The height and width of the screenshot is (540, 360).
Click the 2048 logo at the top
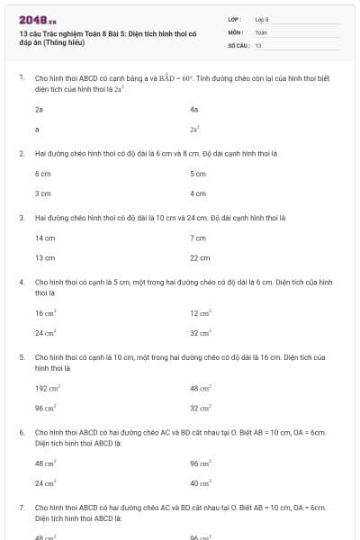tap(37, 19)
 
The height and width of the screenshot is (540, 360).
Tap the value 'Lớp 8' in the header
tap(262, 19)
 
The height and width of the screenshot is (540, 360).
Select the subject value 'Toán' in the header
tap(261, 31)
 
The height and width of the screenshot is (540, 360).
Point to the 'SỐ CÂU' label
tap(238, 44)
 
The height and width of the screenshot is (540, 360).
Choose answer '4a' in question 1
tap(193, 109)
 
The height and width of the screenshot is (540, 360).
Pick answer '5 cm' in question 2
tap(198, 173)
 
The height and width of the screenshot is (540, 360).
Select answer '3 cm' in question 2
tap(42, 193)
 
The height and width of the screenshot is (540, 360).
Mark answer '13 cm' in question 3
tap(45, 257)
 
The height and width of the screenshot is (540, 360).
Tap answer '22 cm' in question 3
tap(200, 257)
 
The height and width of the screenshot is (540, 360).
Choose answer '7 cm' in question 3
tap(198, 238)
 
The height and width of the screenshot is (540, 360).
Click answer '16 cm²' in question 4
tap(45, 312)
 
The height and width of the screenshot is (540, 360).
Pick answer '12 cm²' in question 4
tap(200, 312)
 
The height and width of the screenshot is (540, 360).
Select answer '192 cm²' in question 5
tap(47, 388)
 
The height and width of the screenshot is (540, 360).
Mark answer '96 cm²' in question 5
tap(45, 408)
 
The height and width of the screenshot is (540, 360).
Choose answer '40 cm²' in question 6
tap(200, 482)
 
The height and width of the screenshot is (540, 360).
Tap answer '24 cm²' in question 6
tap(45, 482)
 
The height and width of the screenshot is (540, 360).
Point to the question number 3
tap(21, 217)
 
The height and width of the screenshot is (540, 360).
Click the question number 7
tap(21, 508)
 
